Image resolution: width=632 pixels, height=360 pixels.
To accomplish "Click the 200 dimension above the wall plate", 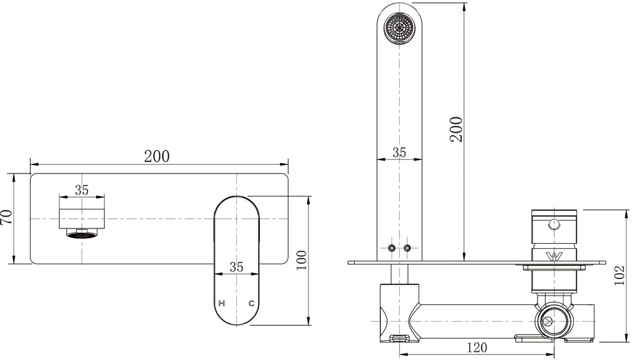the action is click(157, 156).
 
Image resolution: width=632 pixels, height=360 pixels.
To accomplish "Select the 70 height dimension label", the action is click(7, 218).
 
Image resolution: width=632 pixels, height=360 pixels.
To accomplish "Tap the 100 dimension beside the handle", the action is click(302, 260).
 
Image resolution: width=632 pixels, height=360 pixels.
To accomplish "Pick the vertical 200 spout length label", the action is click(456, 129).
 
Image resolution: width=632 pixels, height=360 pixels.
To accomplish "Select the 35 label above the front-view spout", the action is click(81, 190).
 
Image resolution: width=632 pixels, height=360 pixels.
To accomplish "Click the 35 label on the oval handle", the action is click(236, 267).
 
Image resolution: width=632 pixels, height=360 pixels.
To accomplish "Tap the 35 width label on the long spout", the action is click(399, 153).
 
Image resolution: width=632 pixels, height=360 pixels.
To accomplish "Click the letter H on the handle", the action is click(222, 304).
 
